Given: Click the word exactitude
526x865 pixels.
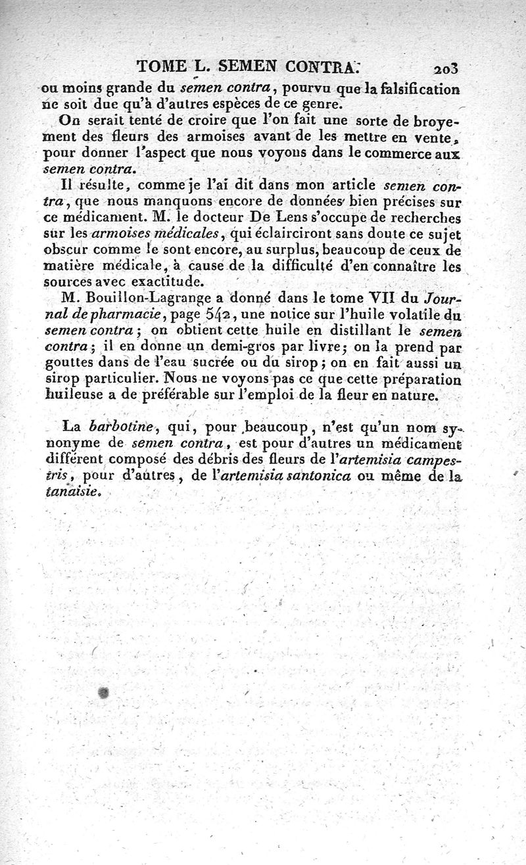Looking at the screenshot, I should point(165,282).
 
